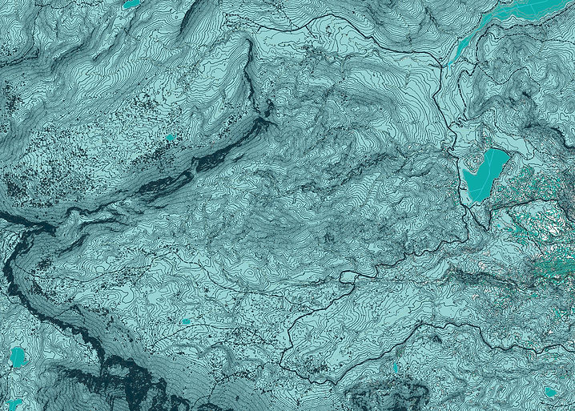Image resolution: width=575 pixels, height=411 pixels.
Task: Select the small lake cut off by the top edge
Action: click(x=131, y=4)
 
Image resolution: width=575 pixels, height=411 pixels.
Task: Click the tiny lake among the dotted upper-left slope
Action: click(x=170, y=137)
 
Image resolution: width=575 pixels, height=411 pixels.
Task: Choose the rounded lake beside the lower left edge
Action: click(x=18, y=357)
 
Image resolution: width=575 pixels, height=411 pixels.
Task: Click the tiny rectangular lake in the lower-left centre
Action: click(x=186, y=321)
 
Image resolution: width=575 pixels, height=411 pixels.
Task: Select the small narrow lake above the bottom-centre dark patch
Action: click(x=395, y=368)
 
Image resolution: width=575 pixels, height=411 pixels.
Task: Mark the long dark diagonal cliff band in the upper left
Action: click(x=200, y=160)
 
